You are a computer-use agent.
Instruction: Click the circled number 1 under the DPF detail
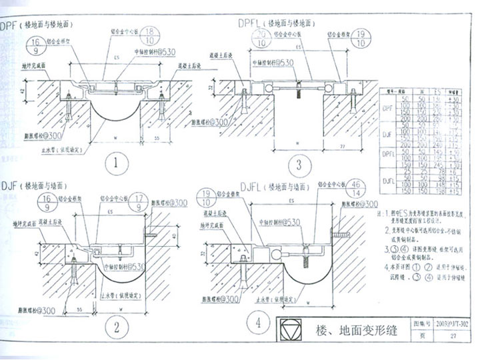tap(117, 163)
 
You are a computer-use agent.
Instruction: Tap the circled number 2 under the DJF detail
tap(116, 326)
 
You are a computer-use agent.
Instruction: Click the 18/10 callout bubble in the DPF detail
tap(151, 36)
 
